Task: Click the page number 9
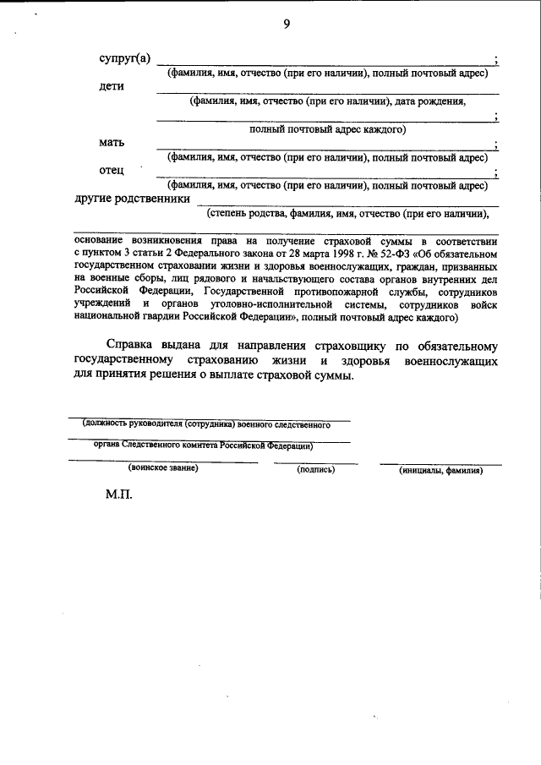pyautogui.click(x=287, y=24)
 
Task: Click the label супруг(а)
pyautogui.click(x=125, y=58)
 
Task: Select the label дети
pyautogui.click(x=112, y=87)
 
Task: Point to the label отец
pyautogui.click(x=112, y=170)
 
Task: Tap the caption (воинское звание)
pyautogui.click(x=163, y=468)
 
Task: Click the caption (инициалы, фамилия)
pyautogui.click(x=440, y=469)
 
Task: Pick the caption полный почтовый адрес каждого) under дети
pyautogui.click(x=328, y=129)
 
